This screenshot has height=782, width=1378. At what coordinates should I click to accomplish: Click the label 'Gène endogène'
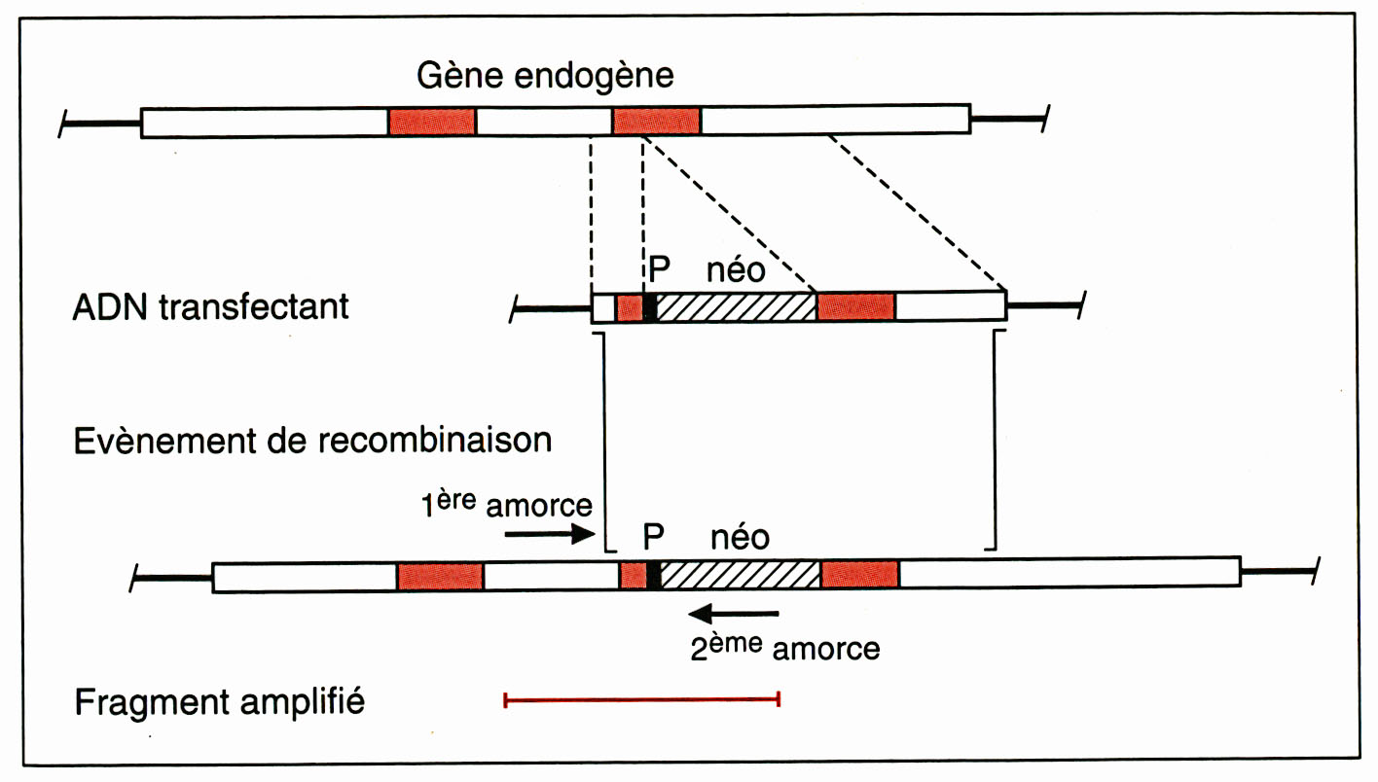[545, 74]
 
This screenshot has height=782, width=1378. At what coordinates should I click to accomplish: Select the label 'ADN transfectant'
[210, 306]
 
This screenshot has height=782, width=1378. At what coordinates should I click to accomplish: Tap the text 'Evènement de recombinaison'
[312, 440]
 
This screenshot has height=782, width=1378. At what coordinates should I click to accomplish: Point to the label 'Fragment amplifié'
[220, 700]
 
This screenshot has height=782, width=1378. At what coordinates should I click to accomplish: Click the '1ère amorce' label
[505, 505]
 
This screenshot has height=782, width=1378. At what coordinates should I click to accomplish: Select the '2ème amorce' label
[784, 648]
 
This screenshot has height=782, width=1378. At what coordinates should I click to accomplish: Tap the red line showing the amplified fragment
[642, 698]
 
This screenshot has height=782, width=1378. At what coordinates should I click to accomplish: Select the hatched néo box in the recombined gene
[741, 574]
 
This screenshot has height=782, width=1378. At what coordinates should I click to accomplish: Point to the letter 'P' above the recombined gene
[655, 536]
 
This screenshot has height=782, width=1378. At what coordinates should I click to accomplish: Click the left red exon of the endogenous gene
[432, 122]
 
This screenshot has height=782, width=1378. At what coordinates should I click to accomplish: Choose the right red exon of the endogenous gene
[657, 122]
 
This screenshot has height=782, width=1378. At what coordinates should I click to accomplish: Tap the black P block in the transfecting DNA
[650, 306]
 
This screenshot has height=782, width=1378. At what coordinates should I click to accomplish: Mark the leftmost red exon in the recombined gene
[440, 575]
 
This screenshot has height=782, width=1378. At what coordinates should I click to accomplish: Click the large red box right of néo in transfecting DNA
[855, 306]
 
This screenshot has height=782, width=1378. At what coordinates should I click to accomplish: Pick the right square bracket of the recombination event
[994, 438]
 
